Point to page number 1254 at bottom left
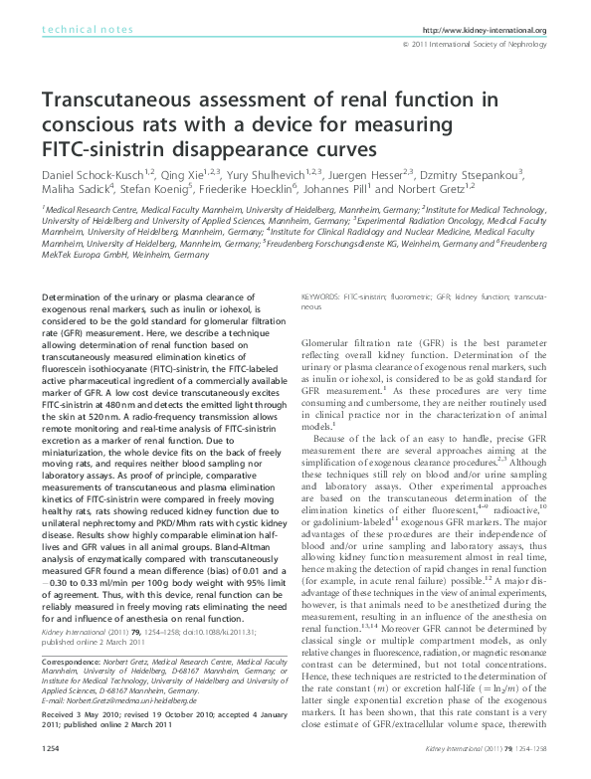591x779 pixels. click(x=51, y=770)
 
